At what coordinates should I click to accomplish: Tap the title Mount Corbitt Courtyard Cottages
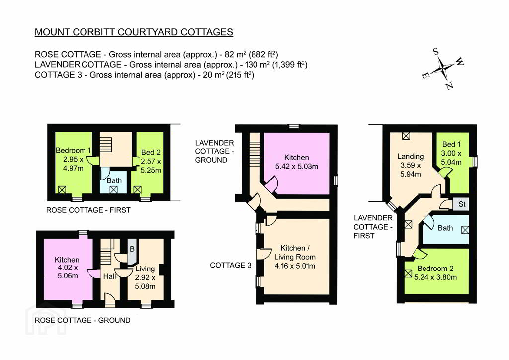(x=134, y=32)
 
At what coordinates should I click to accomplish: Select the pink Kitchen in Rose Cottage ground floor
(x=68, y=270)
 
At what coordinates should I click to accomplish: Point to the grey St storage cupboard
(x=461, y=204)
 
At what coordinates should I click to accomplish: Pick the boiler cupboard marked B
(x=132, y=251)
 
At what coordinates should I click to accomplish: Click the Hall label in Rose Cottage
(x=110, y=276)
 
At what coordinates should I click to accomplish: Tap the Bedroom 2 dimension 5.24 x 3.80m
(x=435, y=277)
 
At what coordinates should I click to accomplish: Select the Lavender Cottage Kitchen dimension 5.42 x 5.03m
(x=296, y=167)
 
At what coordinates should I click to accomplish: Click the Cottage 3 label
(x=231, y=265)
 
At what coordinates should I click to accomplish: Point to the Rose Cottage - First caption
(x=88, y=210)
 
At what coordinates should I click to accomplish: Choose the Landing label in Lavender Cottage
(x=410, y=157)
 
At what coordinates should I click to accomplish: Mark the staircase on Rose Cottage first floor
(x=105, y=144)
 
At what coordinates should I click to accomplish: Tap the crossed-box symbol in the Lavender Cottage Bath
(x=465, y=230)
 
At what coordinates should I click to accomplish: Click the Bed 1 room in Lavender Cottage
(x=452, y=162)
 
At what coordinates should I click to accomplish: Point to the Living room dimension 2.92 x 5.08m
(x=145, y=282)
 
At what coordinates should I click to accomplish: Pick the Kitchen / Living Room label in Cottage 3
(x=295, y=253)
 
